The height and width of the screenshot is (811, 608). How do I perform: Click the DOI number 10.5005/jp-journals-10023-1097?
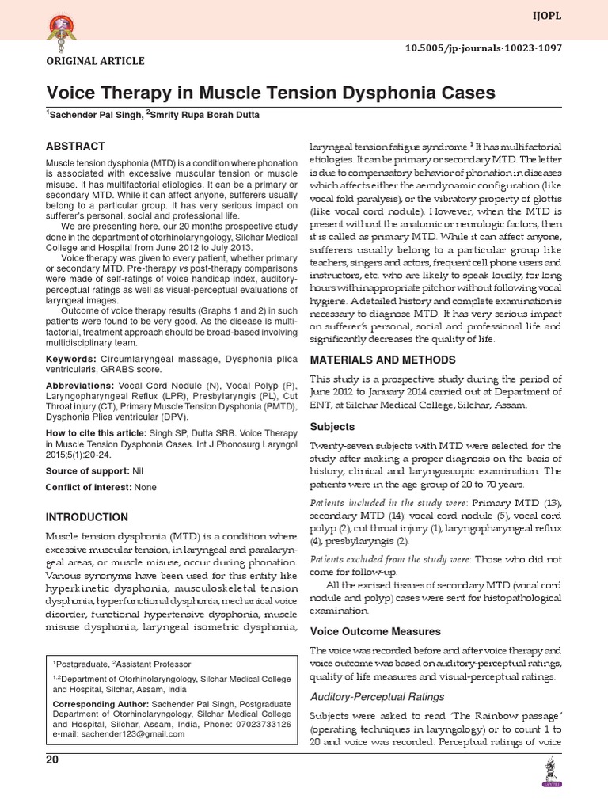coord(495,48)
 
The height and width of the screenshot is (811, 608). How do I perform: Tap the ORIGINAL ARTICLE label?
coord(95,61)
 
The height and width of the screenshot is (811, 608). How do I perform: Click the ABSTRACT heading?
coord(75,147)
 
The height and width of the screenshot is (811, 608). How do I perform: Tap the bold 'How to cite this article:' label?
coord(96,433)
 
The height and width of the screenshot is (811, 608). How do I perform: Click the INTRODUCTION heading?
coord(87,517)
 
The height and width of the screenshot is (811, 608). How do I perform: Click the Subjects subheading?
coord(332,426)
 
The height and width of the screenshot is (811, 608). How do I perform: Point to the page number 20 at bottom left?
coord(52,760)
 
